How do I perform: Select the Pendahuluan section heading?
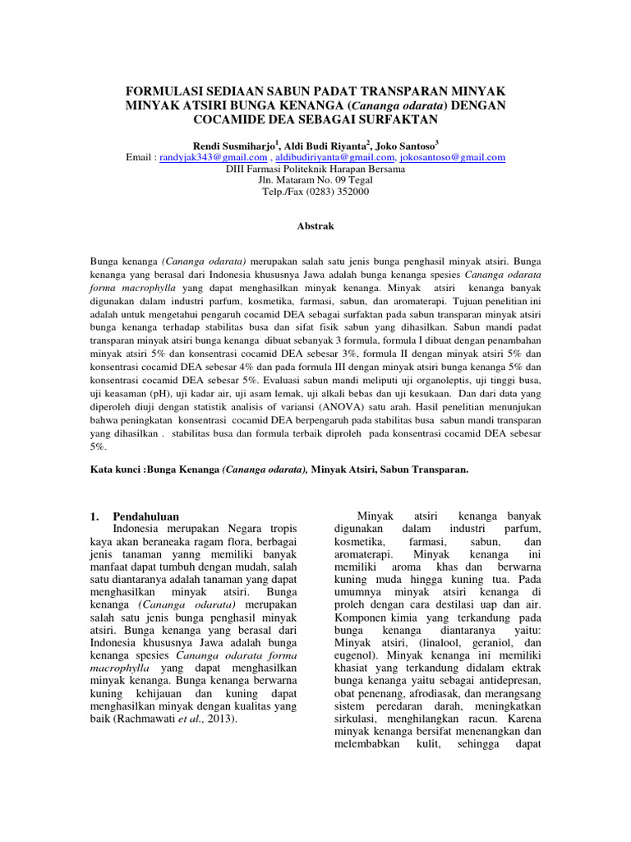point(145,516)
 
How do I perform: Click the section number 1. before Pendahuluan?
point(94,516)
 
